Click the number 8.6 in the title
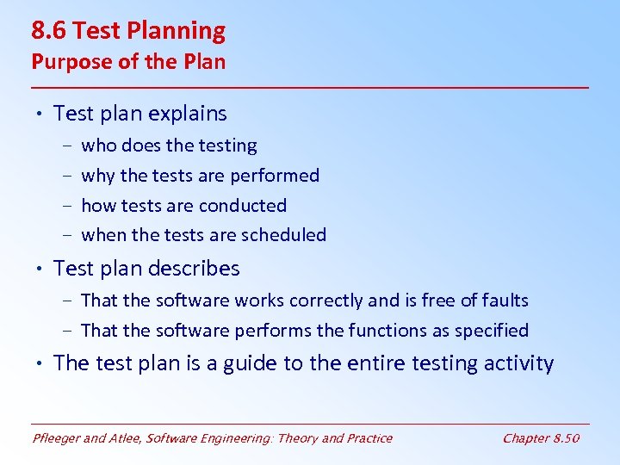49,31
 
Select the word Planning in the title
180,31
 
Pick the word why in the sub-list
97,176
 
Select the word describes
194,269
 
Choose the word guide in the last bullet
250,363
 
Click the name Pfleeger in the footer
58,438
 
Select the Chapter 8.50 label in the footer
541,438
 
